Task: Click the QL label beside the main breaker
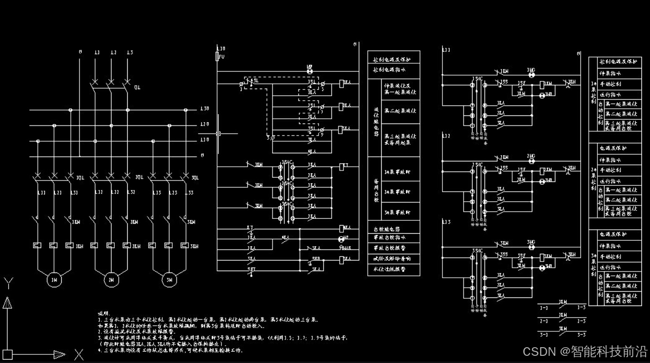(137, 88)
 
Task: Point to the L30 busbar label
(204, 109)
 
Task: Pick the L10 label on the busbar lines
(204, 140)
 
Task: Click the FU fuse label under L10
(222, 57)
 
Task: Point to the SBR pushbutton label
(316, 259)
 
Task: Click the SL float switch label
(256, 80)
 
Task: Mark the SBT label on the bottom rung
(251, 270)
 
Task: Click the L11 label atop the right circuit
(446, 50)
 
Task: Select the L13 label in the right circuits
(446, 222)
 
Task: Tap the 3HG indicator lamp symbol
(531, 247)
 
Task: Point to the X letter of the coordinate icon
(79, 355)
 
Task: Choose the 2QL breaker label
(139, 178)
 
